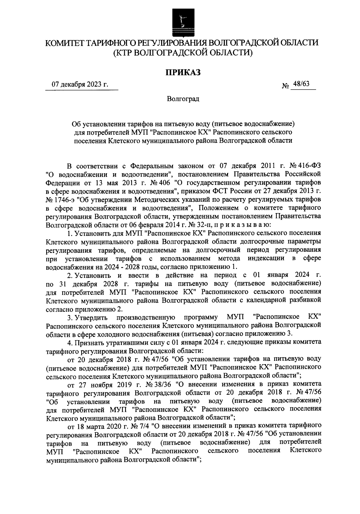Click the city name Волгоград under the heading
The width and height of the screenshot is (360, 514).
click(x=183, y=99)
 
